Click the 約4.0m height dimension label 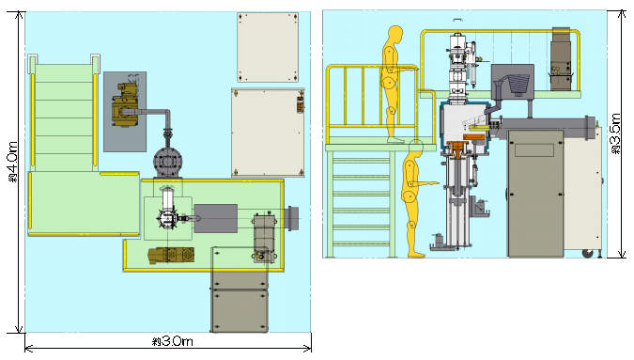13,162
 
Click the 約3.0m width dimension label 173,341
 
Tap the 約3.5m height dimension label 615,133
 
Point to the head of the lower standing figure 416,148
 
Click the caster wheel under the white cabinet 587,254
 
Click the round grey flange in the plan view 167,162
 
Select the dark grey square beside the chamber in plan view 215,218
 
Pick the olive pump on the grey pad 126,104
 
